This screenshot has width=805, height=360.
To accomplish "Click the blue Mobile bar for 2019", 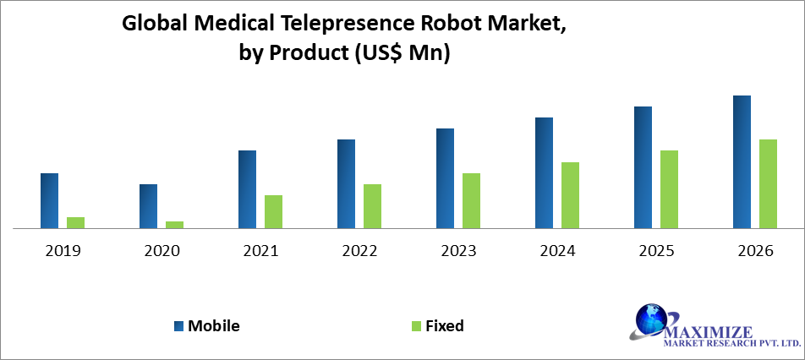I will point(50,200).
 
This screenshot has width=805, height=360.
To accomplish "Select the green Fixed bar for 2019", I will point(76,222).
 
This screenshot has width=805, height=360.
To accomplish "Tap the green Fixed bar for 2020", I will point(175,224).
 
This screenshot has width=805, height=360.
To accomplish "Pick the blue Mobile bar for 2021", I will point(247,189).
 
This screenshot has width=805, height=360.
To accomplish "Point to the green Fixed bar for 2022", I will point(373,206).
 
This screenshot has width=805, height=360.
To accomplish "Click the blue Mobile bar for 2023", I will point(445,178).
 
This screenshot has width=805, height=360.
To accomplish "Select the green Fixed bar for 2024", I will point(571,195).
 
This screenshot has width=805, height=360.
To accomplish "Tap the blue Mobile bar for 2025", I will point(643,167).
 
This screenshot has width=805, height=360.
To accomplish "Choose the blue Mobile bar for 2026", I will point(742,161).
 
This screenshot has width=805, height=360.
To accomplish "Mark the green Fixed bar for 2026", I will point(768,183).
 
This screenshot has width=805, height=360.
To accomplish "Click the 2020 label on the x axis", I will point(162,251).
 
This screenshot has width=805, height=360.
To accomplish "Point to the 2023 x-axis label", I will point(458,251).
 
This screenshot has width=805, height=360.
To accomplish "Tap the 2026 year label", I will point(755,251).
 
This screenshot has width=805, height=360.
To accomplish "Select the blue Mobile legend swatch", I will point(178,326).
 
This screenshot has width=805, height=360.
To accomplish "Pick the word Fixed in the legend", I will point(445,326).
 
